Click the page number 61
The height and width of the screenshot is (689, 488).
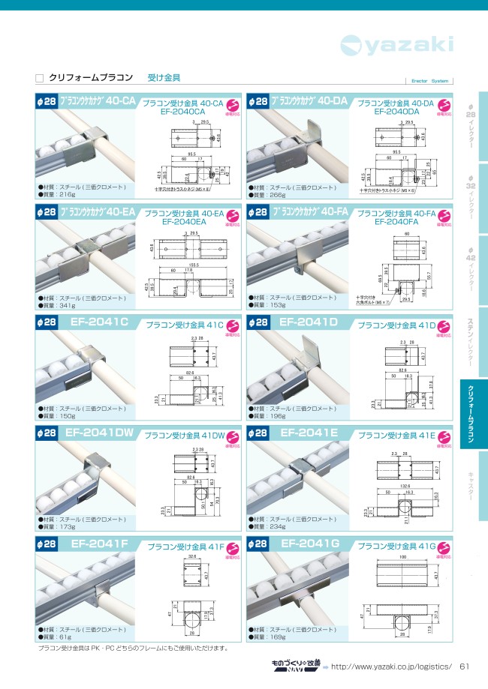(x=464, y=667)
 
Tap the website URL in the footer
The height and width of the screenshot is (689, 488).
(x=391, y=667)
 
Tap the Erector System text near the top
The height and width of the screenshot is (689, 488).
(x=430, y=81)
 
